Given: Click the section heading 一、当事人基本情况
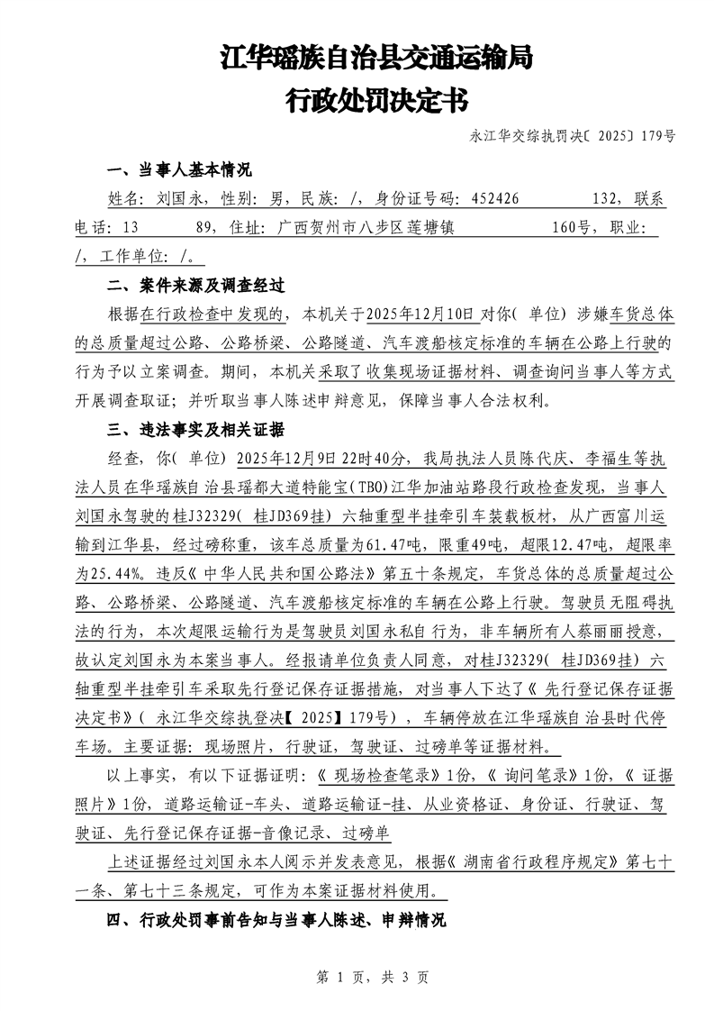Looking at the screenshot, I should click(179, 171).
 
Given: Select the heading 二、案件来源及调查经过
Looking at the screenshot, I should click(195, 287).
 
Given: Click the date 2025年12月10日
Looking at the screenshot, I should click(420, 314).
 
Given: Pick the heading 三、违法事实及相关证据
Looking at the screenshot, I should click(195, 429).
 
